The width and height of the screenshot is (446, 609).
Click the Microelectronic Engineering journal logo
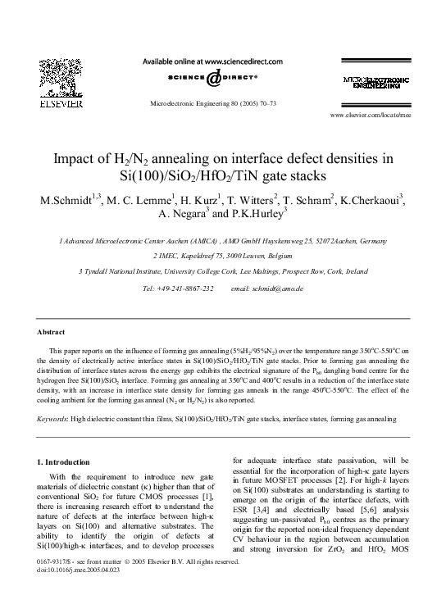[376, 82]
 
